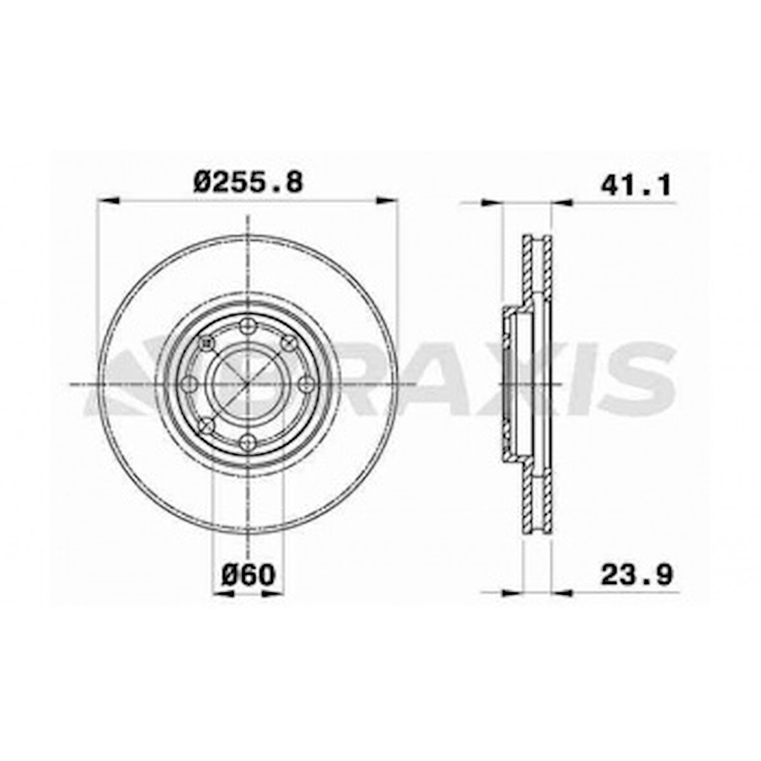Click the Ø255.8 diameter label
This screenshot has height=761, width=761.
click(248, 183)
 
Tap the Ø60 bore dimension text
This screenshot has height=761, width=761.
click(248, 574)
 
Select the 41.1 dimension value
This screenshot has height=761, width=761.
click(636, 185)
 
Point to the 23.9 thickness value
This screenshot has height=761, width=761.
click(636, 574)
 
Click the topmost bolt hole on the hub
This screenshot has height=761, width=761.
click(247, 326)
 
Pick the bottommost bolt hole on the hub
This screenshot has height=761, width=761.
click(247, 442)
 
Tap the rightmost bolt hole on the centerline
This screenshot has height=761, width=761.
click(305, 384)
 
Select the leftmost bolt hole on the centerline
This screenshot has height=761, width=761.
click(190, 384)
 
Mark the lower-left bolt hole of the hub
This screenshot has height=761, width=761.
click(206, 425)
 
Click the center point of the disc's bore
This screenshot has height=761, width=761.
click(247, 384)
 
